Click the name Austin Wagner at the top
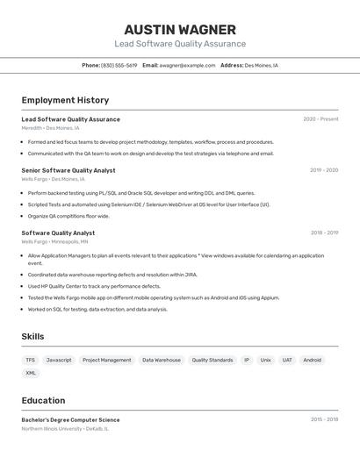pos(180,29)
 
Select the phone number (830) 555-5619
pos(119,65)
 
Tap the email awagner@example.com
pos(187,65)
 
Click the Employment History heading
pos(65,100)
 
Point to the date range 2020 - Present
pos(320,119)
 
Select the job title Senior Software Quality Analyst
pos(68,170)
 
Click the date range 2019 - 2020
pos(324,170)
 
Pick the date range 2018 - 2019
pos(324,233)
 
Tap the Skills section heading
pos(32,337)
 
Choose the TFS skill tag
pos(31,360)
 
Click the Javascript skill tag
pos(59,360)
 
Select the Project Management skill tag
pos(107,360)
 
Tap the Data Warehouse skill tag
pos(162,360)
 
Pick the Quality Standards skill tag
pos(212,360)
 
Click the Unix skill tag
pos(265,360)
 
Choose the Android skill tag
pos(312,360)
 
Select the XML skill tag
pos(31,373)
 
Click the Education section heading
pos(43,400)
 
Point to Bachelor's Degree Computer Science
pos(70,419)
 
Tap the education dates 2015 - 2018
pos(324,419)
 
